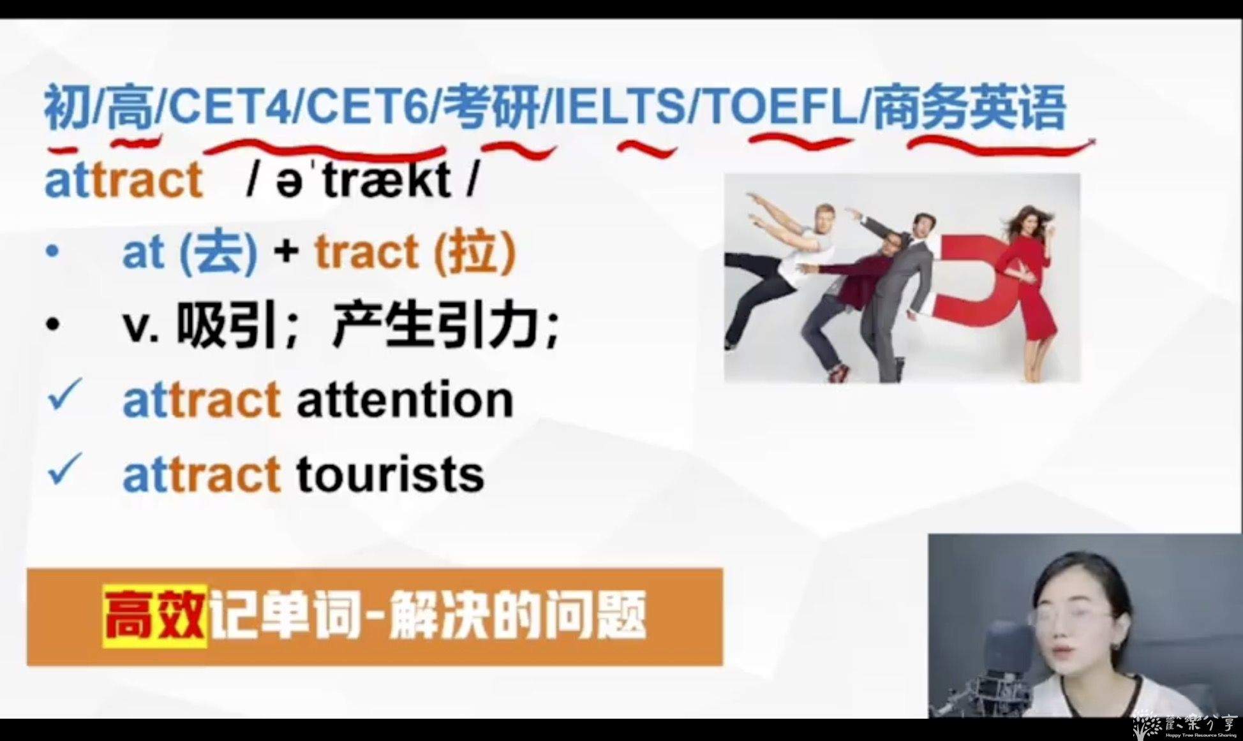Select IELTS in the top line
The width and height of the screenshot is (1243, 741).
(620, 106)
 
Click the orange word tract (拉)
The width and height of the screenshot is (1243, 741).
(415, 252)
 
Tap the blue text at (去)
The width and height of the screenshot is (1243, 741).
(190, 253)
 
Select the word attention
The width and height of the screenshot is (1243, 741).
(405, 400)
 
